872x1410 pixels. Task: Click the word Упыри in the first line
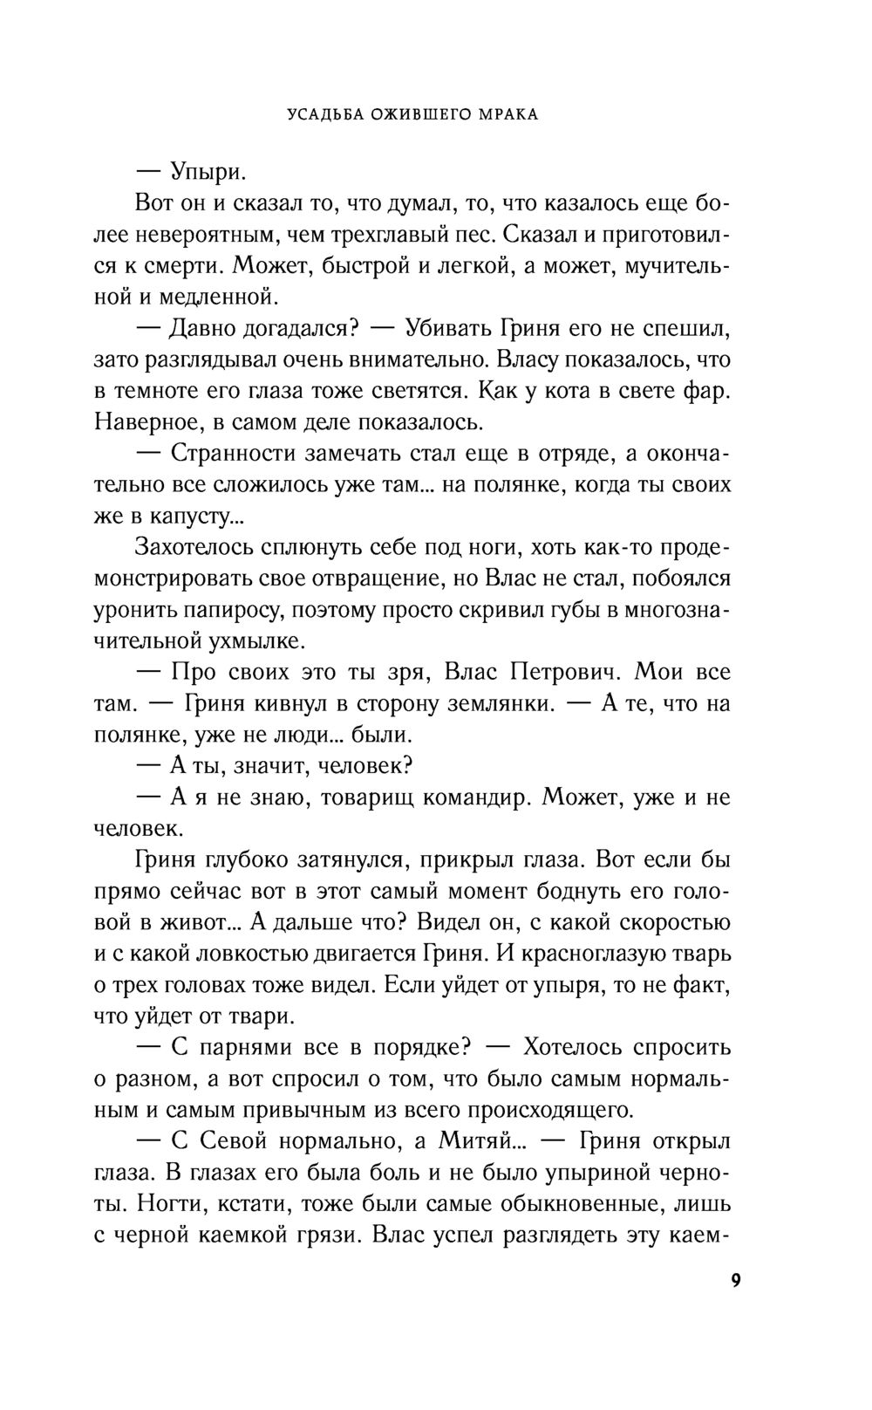point(206,172)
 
